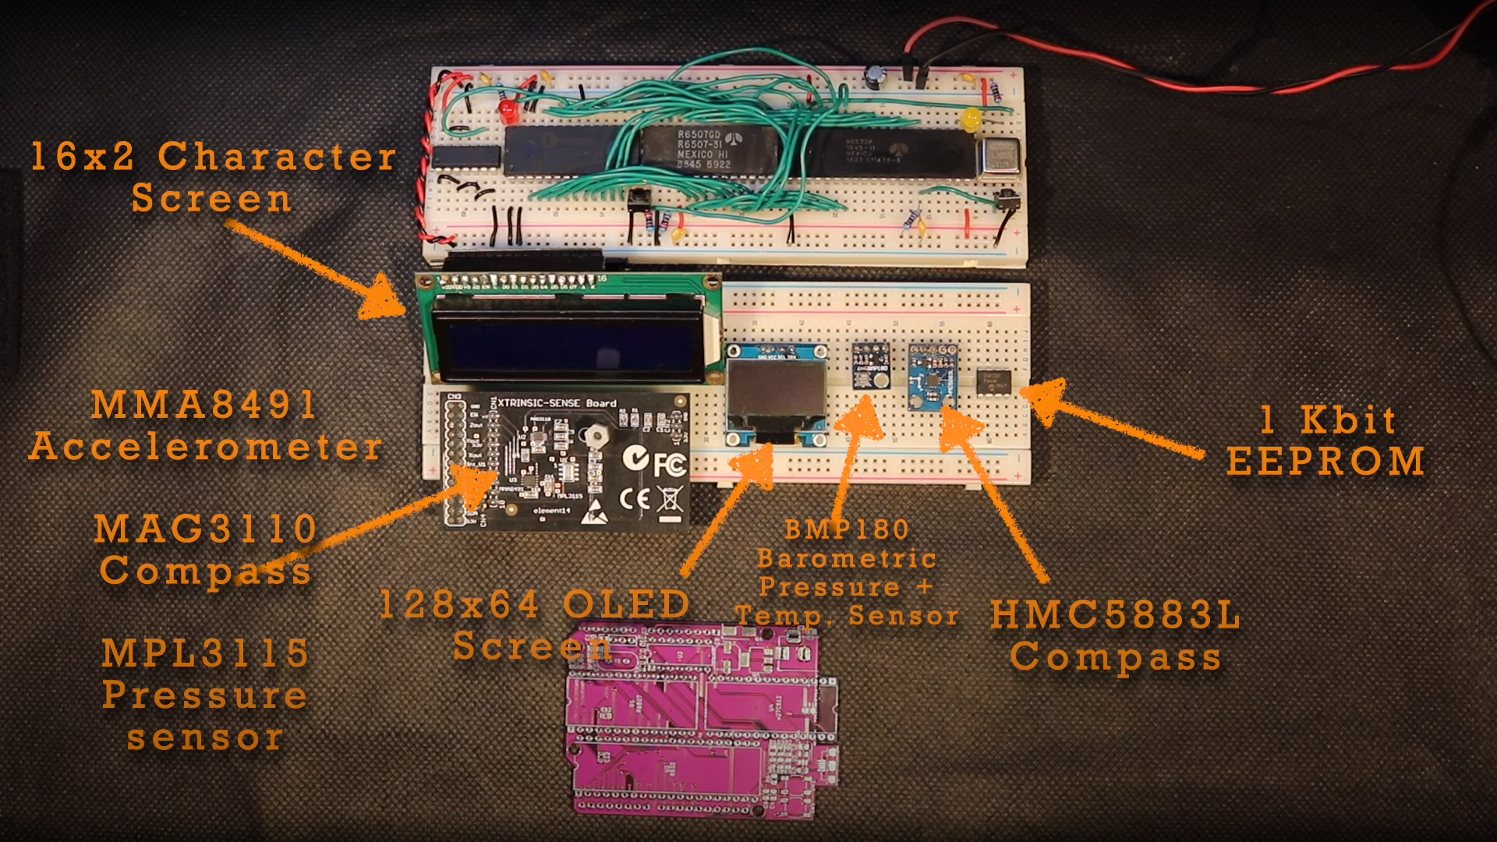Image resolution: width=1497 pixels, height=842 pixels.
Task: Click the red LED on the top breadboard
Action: [508, 110]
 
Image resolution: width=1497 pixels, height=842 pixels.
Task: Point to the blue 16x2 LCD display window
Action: [568, 341]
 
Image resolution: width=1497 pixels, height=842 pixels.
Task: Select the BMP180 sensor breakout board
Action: [871, 365]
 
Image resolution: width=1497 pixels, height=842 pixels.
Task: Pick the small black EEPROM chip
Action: [994, 381]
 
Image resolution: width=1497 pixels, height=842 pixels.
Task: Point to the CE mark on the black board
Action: [634, 499]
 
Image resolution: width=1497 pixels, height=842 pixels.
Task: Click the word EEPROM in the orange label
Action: [1325, 462]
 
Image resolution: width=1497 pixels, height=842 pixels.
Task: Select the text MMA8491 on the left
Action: [204, 405]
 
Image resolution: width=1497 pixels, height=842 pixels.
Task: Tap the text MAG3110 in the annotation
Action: [206, 529]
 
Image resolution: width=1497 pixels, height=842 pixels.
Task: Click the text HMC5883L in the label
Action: [1116, 615]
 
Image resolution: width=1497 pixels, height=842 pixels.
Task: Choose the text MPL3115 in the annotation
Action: [206, 653]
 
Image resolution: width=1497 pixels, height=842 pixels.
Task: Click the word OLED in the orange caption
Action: [626, 605]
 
